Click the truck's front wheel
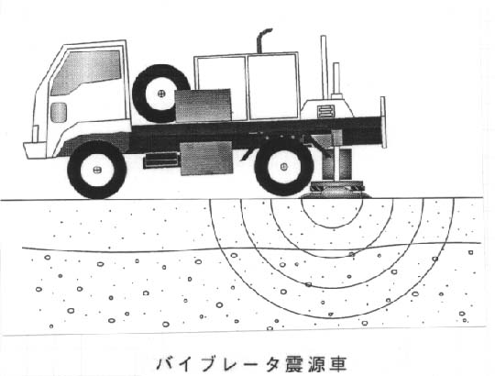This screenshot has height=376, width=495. pyautogui.click(x=97, y=170)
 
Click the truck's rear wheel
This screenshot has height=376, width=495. pyautogui.click(x=284, y=166)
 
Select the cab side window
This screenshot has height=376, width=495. pyautogui.click(x=86, y=72)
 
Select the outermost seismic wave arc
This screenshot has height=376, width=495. pyautogui.click(x=332, y=317)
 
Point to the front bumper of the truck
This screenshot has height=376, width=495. pyautogui.click(x=36, y=150)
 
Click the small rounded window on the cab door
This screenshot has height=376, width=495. pyautogui.click(x=59, y=113)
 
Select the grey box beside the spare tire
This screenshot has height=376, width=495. pyautogui.click(x=203, y=105)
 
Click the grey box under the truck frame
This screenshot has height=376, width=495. pyautogui.click(x=206, y=158)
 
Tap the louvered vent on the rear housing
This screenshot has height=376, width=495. pyautogui.click(x=325, y=112)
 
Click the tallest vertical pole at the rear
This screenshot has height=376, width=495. pyautogui.click(x=324, y=68)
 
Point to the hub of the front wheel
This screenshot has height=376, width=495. pyautogui.click(x=97, y=170)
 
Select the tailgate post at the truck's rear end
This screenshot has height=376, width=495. pyautogui.click(x=383, y=122)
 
